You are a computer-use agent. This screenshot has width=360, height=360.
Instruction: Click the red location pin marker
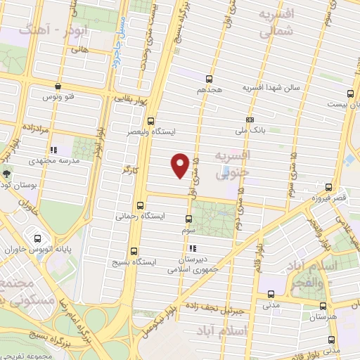point(181,165)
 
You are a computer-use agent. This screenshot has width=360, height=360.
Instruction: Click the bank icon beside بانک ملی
point(250,120)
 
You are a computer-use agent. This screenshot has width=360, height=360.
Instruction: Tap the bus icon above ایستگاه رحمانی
point(141,206)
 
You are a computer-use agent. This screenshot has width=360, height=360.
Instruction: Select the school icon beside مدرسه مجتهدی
point(53,150)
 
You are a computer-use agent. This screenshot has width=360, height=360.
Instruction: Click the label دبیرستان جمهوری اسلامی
point(193,262)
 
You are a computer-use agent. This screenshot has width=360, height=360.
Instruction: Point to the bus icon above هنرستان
point(323,306)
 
